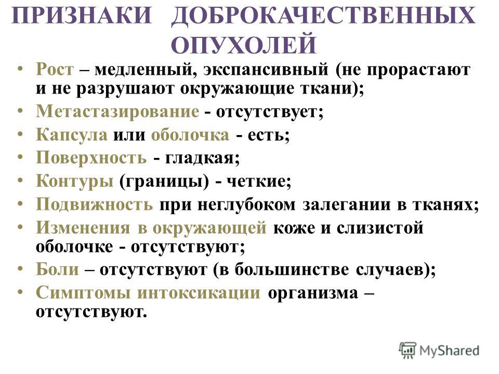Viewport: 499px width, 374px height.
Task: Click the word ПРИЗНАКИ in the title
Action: point(82,15)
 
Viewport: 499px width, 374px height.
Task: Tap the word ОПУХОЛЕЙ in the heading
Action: point(244,45)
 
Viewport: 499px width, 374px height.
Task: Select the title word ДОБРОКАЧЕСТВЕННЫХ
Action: point(324,16)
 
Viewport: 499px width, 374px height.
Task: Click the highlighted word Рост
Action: point(55,69)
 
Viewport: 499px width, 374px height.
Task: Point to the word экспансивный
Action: point(266,70)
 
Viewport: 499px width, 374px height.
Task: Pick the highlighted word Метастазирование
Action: point(118,111)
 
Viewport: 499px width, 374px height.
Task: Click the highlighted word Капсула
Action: point(72,135)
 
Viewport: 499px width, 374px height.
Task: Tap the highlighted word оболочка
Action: point(190,135)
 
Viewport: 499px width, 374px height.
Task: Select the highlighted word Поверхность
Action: point(91,158)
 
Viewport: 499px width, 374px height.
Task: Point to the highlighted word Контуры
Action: point(75,181)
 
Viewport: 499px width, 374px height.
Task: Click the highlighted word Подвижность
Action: point(95,204)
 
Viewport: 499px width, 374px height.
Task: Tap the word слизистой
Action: point(380,228)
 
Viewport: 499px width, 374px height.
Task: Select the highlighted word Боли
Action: point(57,269)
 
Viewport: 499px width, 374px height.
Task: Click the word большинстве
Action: point(292,270)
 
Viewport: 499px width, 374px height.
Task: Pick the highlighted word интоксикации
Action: point(199,292)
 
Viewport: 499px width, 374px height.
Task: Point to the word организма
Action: point(313,293)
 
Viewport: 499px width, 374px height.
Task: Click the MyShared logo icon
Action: point(408,351)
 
